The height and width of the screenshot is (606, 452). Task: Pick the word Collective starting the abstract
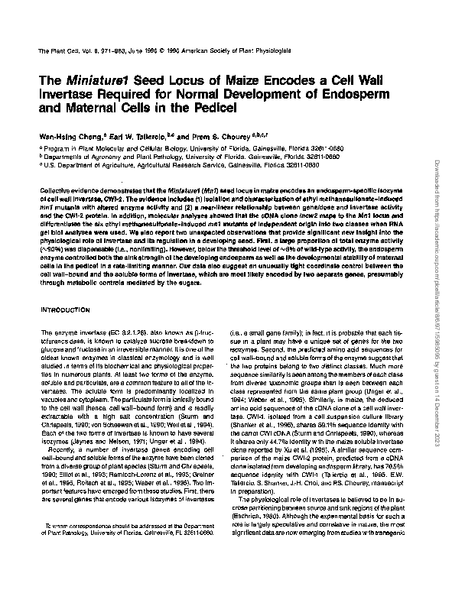pyautogui.click(x=54, y=188)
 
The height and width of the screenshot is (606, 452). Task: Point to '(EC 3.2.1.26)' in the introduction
pyautogui.click(x=110, y=333)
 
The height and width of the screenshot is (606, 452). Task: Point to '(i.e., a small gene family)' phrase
pyautogui.click(x=279, y=333)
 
